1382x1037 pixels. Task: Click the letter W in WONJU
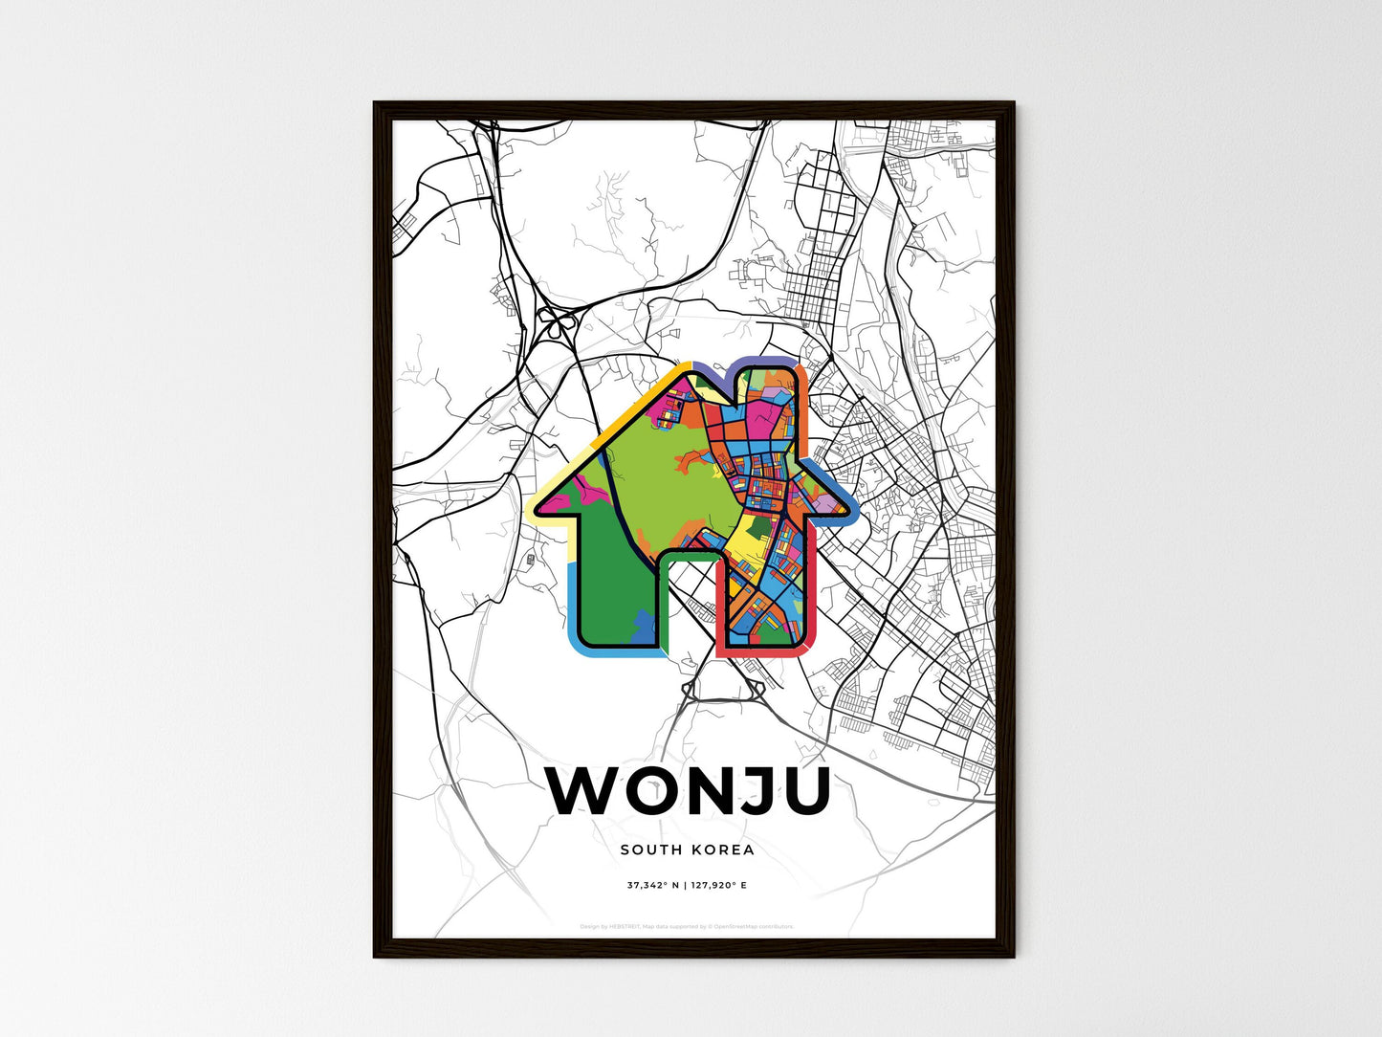(x=582, y=792)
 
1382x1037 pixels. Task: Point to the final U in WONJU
(x=801, y=792)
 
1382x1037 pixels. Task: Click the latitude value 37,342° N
(x=652, y=886)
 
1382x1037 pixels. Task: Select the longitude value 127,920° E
(x=718, y=886)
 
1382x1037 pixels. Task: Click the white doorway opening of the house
(x=688, y=603)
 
